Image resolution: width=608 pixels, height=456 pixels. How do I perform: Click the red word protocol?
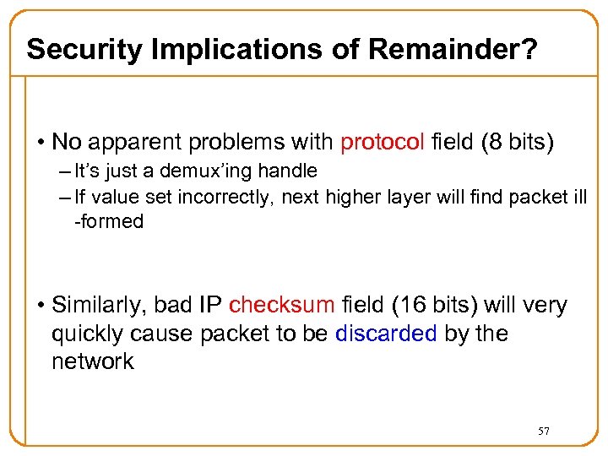pyautogui.click(x=382, y=142)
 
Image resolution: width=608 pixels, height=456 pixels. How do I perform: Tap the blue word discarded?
pyautogui.click(x=386, y=334)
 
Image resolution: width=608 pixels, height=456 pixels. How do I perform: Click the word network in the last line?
pyautogui.click(x=93, y=361)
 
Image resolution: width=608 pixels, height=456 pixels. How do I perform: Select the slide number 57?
pyautogui.click(x=544, y=432)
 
